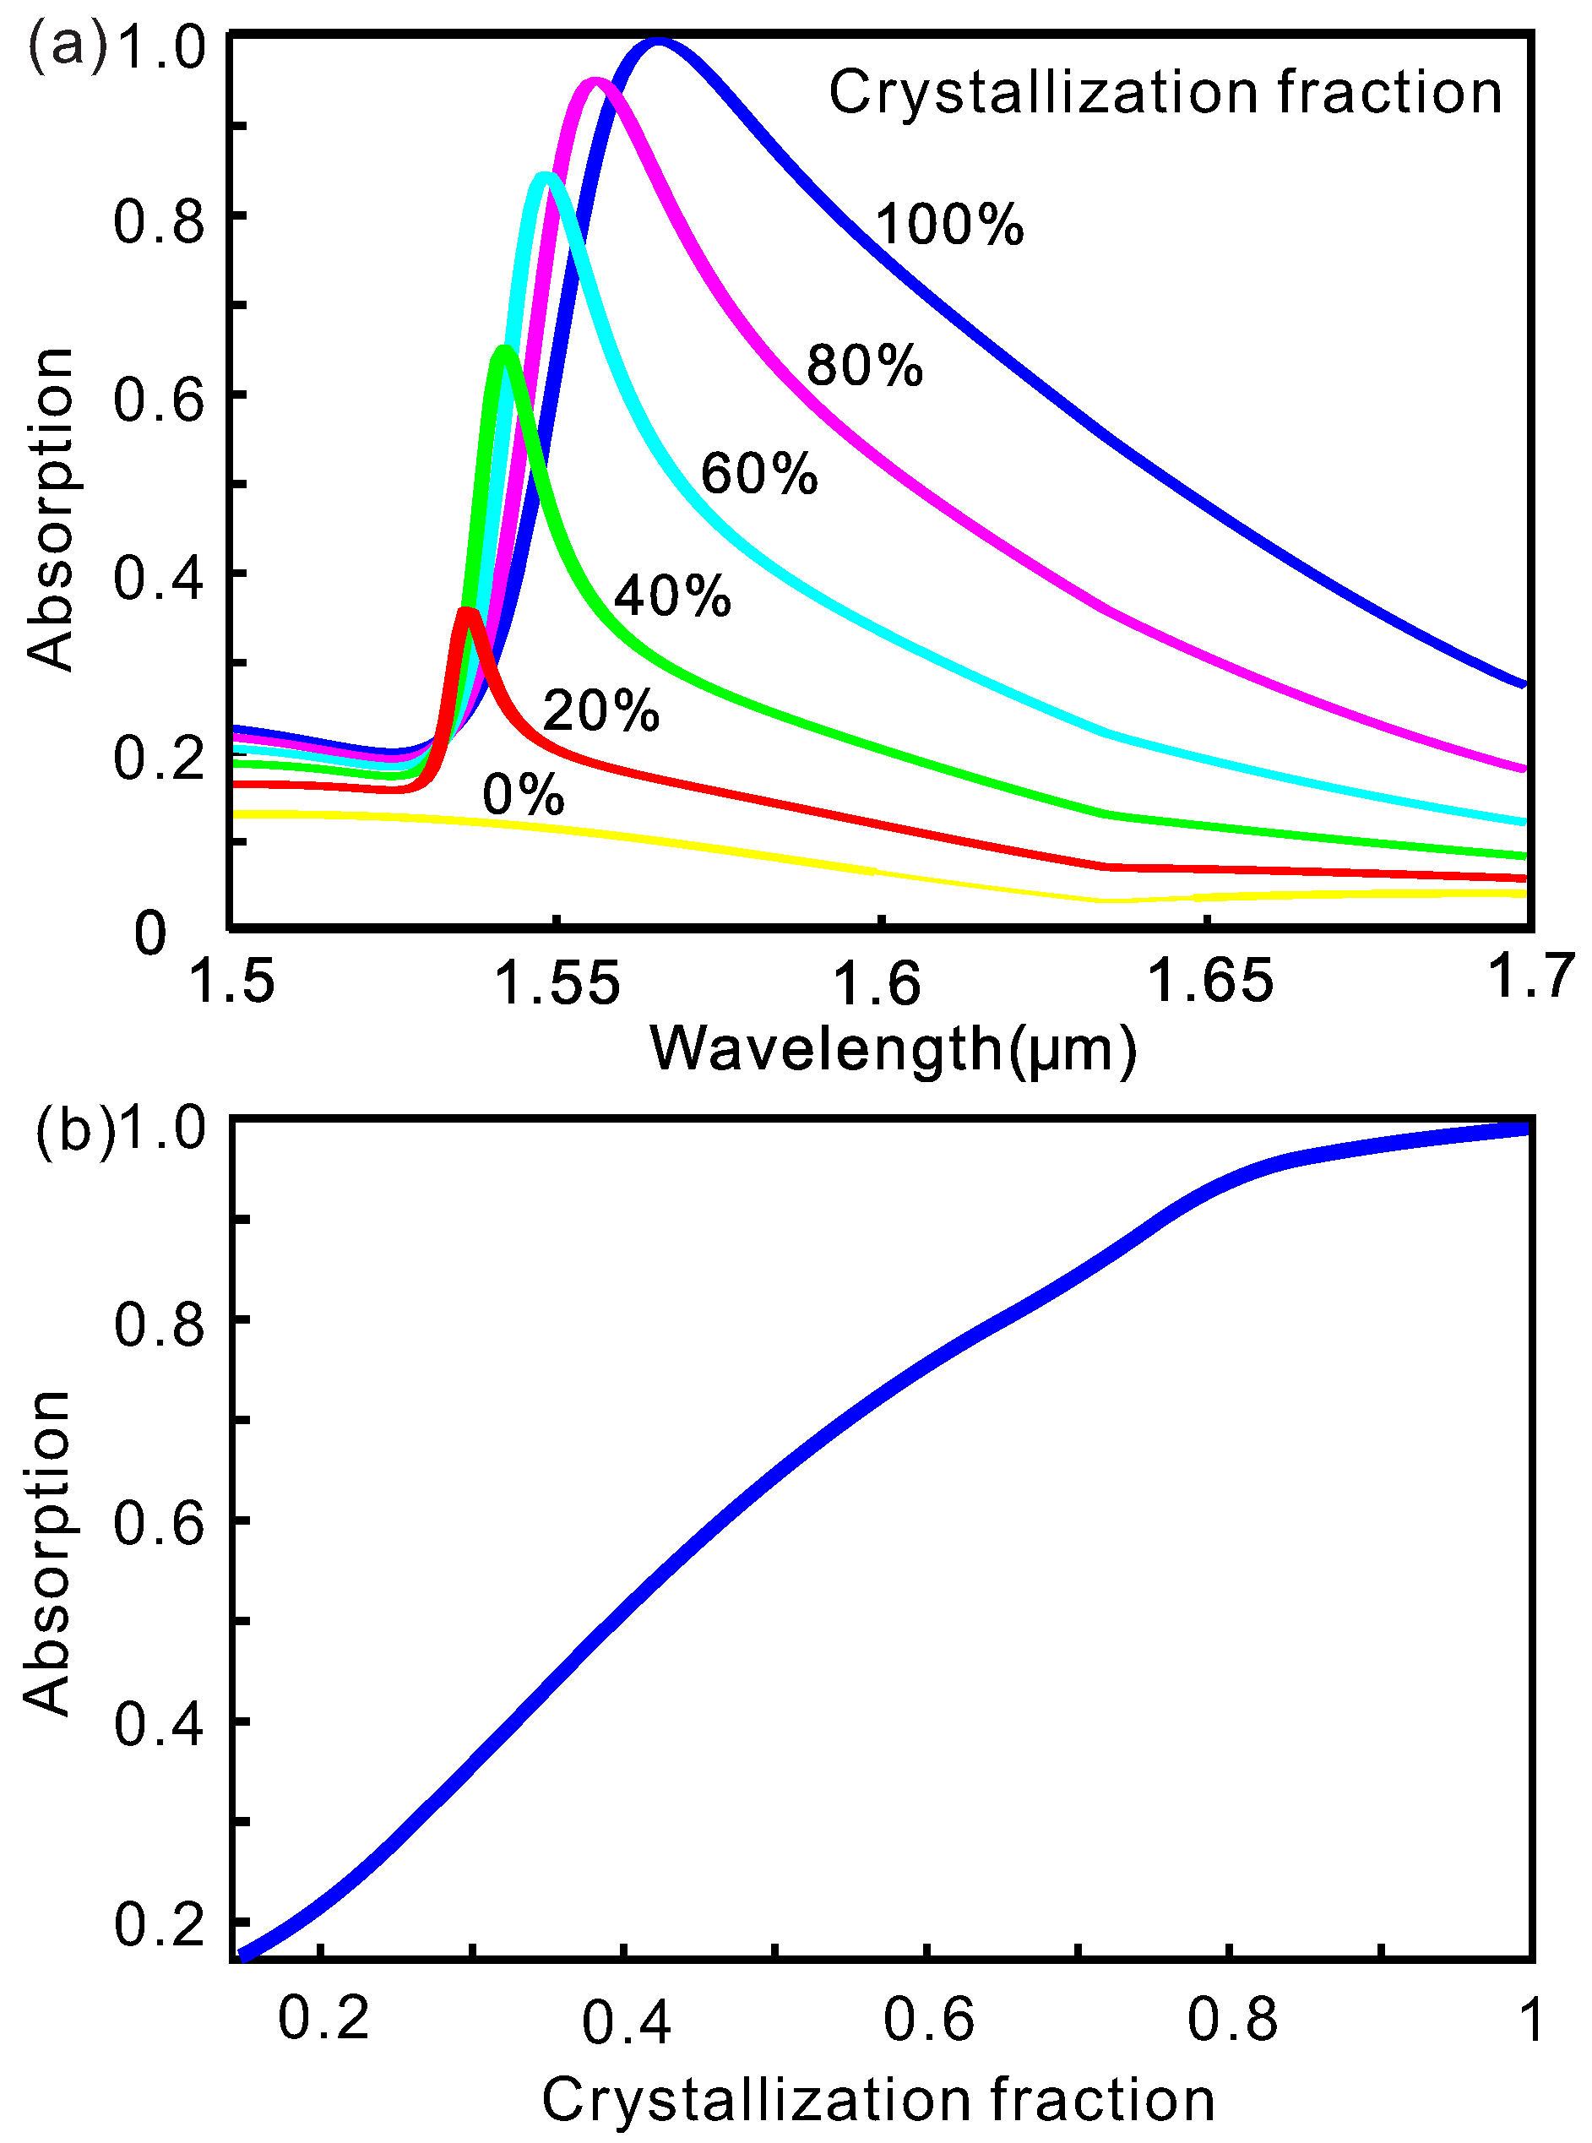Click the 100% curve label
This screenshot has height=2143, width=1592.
(948, 226)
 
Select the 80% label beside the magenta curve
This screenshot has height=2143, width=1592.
(865, 366)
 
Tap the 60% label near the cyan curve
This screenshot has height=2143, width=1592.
(759, 474)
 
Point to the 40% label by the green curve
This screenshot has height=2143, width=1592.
(672, 596)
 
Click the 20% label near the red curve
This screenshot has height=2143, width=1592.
(601, 711)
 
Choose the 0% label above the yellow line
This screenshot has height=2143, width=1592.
(524, 795)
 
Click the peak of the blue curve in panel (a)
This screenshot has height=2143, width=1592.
(658, 42)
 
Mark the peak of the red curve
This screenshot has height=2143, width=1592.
(467, 612)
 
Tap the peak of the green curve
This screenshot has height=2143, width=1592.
(503, 349)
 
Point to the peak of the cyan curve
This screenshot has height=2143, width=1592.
(546, 176)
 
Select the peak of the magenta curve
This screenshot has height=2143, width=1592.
(595, 82)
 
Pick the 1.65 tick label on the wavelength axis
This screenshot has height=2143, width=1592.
(1211, 984)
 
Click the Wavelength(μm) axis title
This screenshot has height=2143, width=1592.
(894, 1048)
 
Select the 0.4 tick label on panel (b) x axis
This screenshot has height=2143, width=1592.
(626, 2021)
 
